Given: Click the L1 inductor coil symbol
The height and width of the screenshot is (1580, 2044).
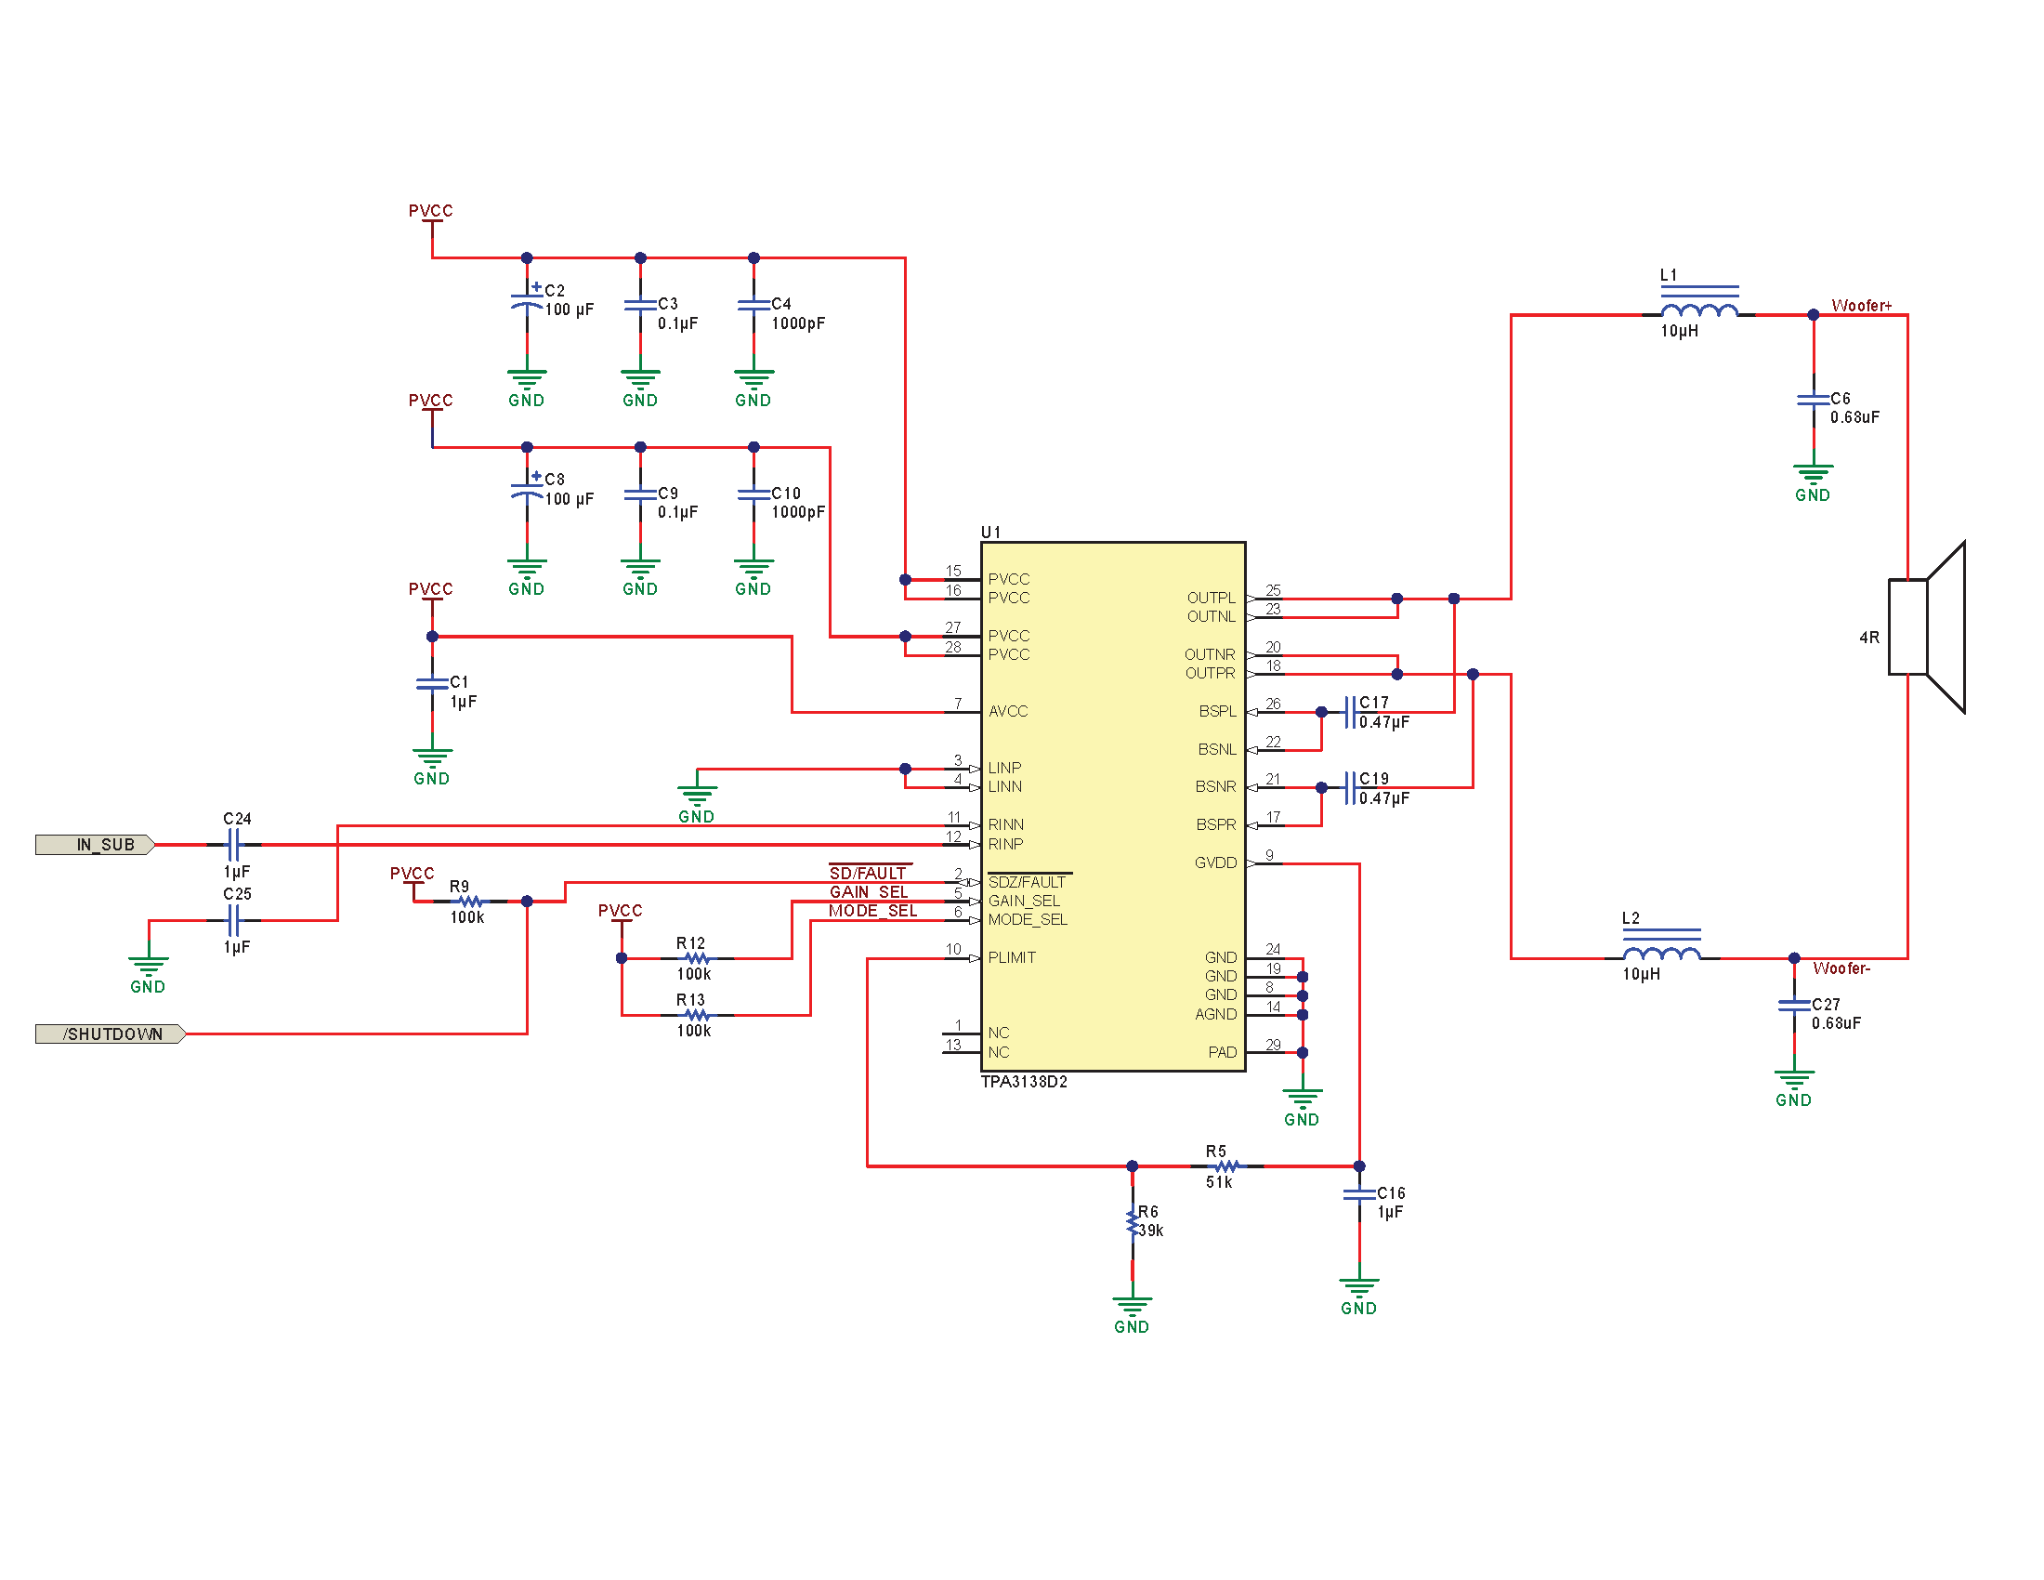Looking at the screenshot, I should pyautogui.click(x=1698, y=309).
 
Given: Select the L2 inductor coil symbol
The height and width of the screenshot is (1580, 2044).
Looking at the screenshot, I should pyautogui.click(x=1661, y=953).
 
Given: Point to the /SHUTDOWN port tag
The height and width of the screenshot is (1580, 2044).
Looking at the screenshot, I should pyautogui.click(x=111, y=1034).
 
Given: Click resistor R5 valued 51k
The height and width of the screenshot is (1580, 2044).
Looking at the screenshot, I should pyautogui.click(x=1226, y=1166).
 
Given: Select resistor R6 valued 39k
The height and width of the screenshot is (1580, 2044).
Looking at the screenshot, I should pyautogui.click(x=1133, y=1222).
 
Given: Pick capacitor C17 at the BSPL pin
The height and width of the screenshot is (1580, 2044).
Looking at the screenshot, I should pyautogui.click(x=1350, y=711).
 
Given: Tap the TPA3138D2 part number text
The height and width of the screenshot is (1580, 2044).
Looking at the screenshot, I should pyautogui.click(x=1024, y=1082).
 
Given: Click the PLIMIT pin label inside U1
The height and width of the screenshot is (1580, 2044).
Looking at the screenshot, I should pyautogui.click(x=1012, y=957).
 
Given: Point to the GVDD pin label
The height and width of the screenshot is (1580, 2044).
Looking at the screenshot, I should pyautogui.click(x=1215, y=863).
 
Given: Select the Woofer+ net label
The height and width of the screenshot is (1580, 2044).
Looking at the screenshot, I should pyautogui.click(x=1861, y=306).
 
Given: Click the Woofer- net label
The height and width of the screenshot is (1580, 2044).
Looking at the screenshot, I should pyautogui.click(x=1841, y=968).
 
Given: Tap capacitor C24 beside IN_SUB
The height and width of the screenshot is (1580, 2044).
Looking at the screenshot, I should pyautogui.click(x=234, y=844).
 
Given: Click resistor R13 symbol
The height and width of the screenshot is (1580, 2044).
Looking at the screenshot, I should pyautogui.click(x=696, y=1015).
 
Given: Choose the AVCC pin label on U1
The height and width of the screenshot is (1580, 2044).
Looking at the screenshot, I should pyautogui.click(x=1008, y=711).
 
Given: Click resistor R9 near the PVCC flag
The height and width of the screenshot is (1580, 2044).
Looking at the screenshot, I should pyautogui.click(x=470, y=901).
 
